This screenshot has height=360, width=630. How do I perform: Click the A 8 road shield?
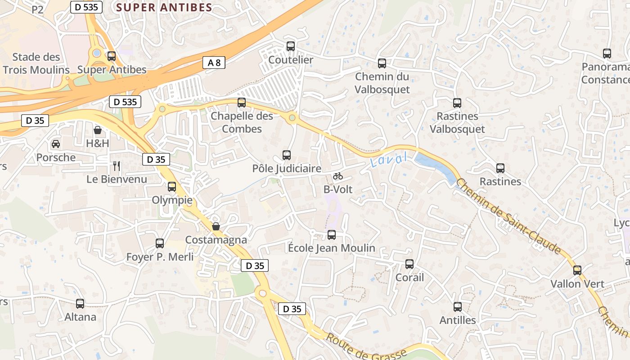(214, 63)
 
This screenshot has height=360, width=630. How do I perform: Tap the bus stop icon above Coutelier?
(291, 46)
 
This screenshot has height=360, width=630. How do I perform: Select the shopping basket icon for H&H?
(98, 130)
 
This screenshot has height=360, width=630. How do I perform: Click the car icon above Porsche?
(56, 144)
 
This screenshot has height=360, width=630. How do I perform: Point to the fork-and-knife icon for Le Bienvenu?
(117, 166)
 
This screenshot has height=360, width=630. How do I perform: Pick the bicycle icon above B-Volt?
(338, 176)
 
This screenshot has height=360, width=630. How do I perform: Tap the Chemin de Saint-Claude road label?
(508, 216)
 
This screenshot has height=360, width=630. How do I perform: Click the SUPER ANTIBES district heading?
(164, 7)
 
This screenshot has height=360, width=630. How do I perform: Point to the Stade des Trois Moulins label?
(36, 63)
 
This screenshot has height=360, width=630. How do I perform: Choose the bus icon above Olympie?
(172, 187)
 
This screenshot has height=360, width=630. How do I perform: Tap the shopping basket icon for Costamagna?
(216, 226)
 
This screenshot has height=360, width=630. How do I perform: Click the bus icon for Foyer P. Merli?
(160, 243)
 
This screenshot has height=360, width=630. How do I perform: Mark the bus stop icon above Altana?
(80, 304)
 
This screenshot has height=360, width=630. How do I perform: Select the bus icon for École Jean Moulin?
(332, 234)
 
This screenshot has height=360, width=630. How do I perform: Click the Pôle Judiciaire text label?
(287, 169)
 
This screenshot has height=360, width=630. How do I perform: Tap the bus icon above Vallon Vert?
(577, 270)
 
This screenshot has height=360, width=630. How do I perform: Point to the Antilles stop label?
(458, 320)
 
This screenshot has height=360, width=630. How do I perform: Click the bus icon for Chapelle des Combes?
(242, 103)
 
